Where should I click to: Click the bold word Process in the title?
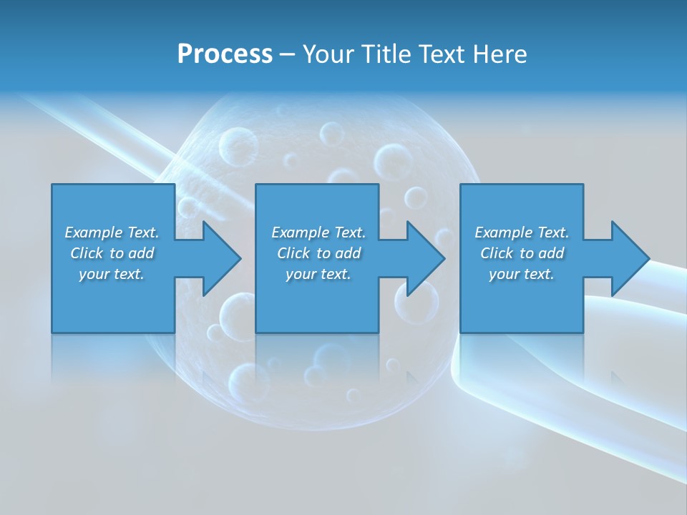click(x=225, y=54)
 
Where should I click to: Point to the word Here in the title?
click(x=499, y=54)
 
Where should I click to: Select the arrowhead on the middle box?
click(x=424, y=258)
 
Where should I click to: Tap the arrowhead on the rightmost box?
click(x=628, y=258)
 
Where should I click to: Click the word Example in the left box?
click(x=93, y=232)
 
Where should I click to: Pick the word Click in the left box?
click(x=87, y=253)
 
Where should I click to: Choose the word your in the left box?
click(x=94, y=275)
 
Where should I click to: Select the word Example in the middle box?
click(x=300, y=232)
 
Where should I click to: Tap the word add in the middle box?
click(x=348, y=253)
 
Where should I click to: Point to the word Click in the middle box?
click(x=293, y=253)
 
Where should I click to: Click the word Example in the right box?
click(x=503, y=232)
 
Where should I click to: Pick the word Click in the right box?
click(x=497, y=253)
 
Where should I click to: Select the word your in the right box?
click(x=504, y=275)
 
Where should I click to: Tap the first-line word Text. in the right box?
click(x=553, y=232)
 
